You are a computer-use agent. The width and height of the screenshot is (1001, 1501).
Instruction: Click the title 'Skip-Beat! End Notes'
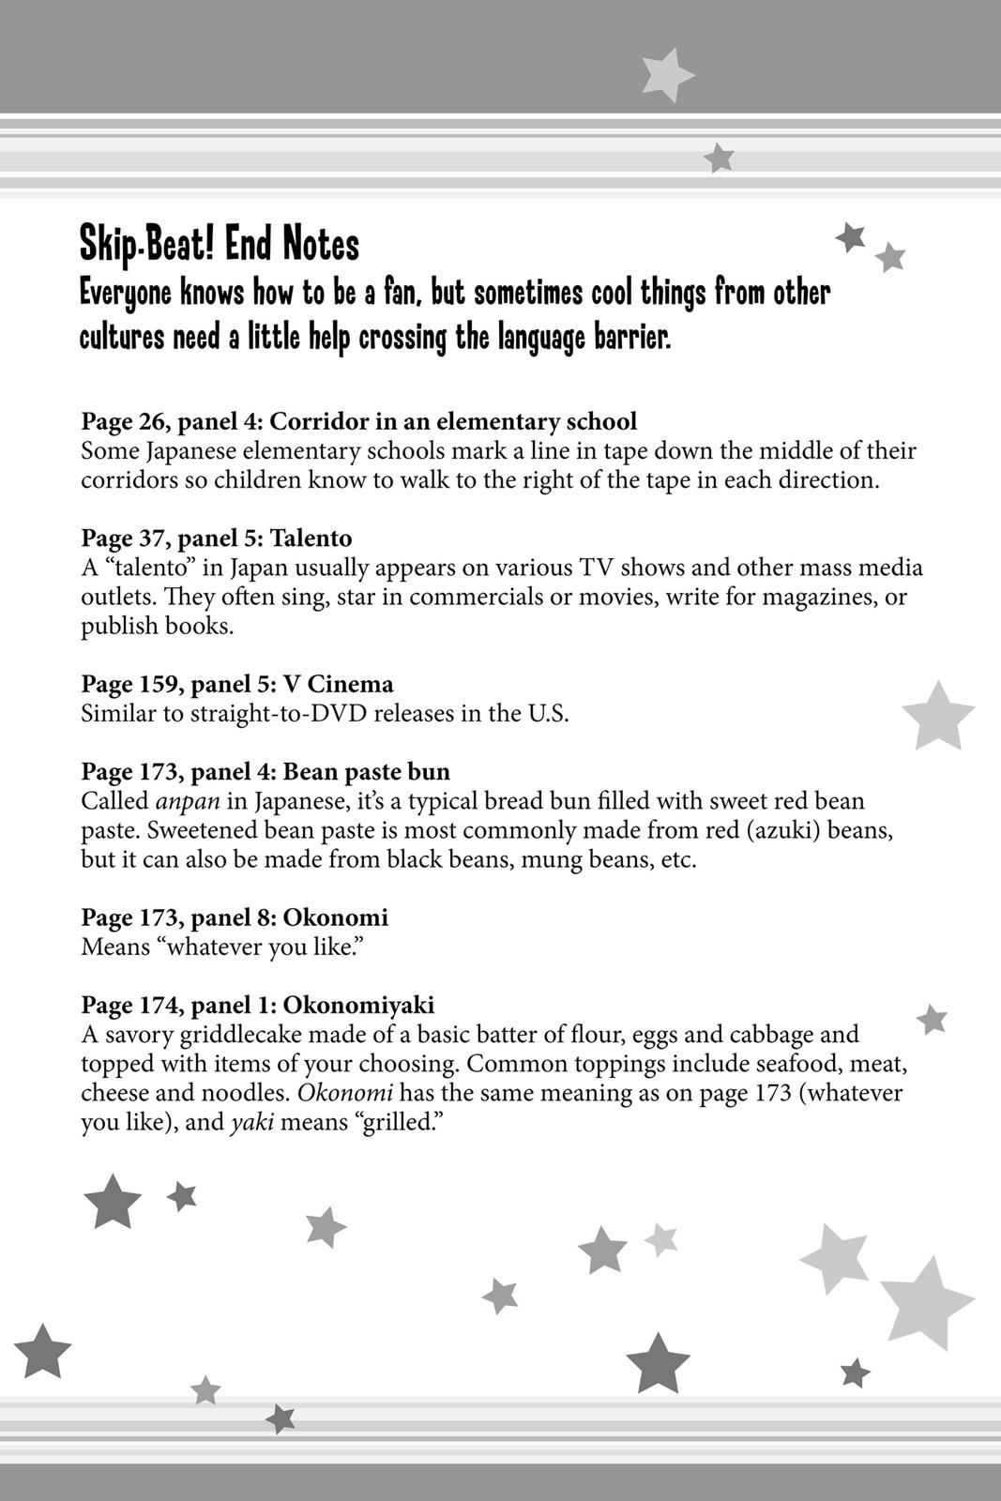(220, 245)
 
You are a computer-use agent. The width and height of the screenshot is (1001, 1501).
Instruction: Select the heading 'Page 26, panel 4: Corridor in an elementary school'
(358, 421)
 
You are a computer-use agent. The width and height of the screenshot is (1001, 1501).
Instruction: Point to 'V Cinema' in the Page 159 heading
(338, 684)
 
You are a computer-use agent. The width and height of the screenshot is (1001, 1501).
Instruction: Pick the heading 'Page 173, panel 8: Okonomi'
(235, 917)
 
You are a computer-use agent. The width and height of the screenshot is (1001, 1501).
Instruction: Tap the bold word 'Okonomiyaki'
(358, 1005)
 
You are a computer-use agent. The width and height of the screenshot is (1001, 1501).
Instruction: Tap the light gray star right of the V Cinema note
(937, 717)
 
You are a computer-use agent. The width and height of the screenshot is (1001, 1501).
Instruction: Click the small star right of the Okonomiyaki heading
(932, 1019)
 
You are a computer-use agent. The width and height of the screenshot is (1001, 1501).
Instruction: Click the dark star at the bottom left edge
(42, 1352)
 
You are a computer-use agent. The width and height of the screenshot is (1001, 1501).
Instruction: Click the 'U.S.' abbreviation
(547, 713)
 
